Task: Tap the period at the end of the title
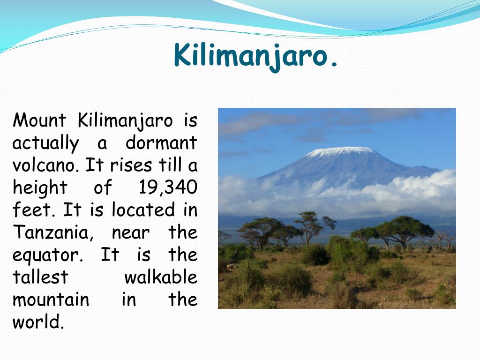click(334, 63)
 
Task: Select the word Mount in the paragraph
click(39, 120)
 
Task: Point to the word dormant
click(161, 142)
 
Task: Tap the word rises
click(131, 165)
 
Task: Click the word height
click(40, 188)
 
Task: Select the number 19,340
click(168, 187)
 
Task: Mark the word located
click(143, 210)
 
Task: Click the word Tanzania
click(52, 232)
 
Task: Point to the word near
click(131, 234)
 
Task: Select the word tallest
click(40, 277)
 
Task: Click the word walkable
click(161, 277)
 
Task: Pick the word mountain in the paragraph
click(51, 300)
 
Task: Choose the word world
click(38, 322)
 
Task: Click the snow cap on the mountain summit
click(340, 151)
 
